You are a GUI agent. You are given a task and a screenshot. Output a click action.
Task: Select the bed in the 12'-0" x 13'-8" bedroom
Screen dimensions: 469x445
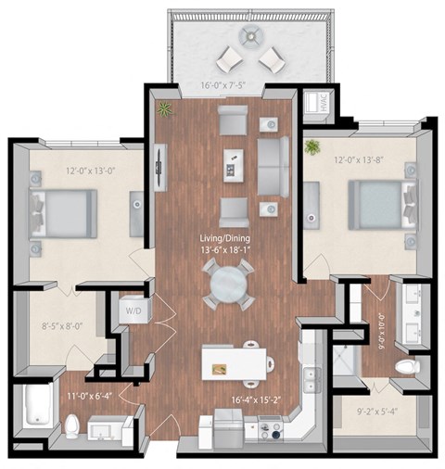point(375,203)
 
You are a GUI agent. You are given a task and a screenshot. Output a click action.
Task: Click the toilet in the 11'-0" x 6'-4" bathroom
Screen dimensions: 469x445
point(71,425)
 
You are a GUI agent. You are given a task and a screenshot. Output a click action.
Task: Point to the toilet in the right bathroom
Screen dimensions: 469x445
point(405,367)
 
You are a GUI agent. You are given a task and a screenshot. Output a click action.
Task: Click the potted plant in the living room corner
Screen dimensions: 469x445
point(165,109)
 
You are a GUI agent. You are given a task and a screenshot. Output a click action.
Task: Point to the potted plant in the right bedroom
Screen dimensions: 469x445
point(311,146)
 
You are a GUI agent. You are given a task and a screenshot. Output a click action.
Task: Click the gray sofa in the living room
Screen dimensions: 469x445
point(273,167)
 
